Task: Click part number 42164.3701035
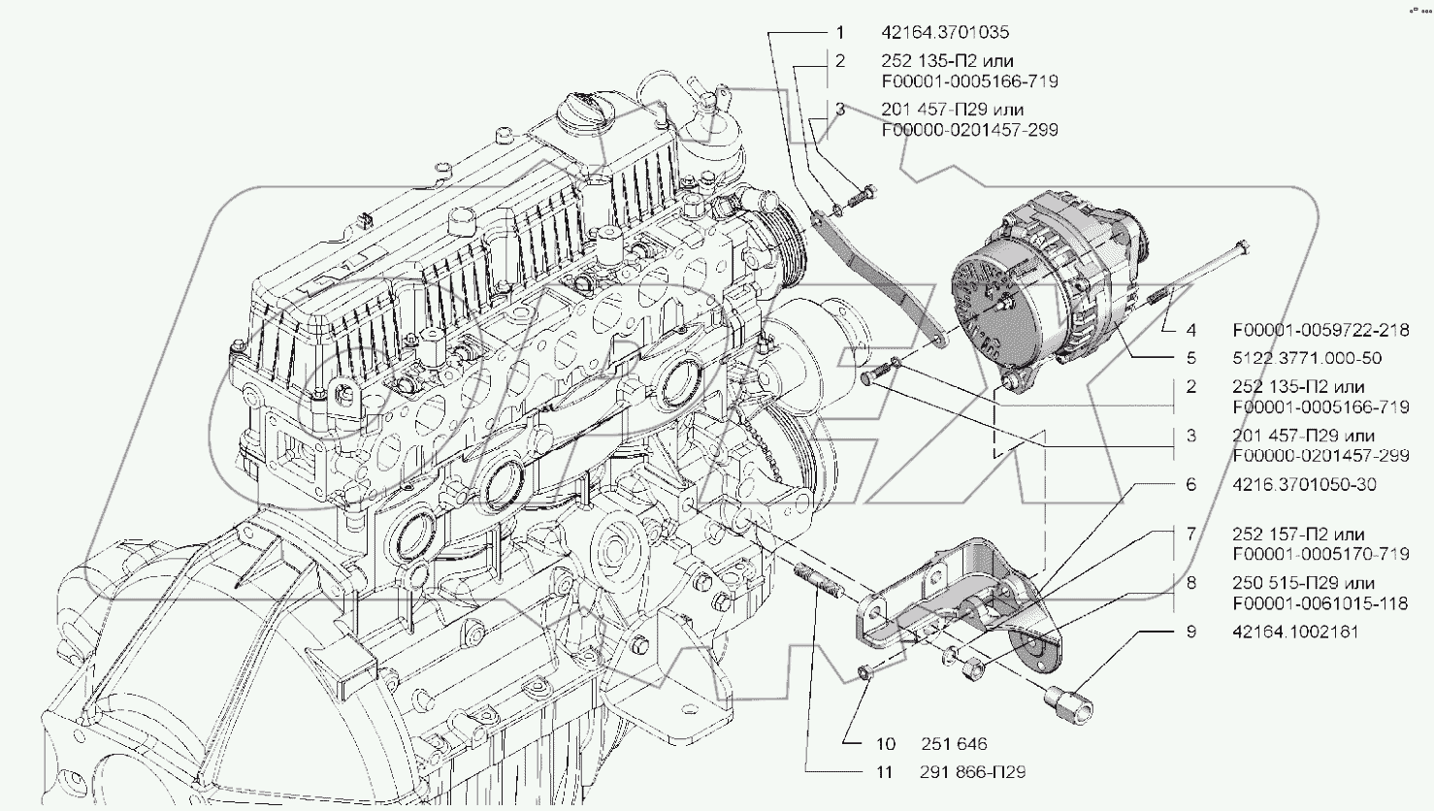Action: (945, 33)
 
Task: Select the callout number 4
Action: (1191, 331)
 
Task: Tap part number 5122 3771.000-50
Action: (1307, 358)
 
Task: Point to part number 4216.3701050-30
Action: (1304, 485)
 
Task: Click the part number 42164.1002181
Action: (1295, 632)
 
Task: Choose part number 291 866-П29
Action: (973, 772)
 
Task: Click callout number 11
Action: (885, 772)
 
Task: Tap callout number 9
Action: (1191, 632)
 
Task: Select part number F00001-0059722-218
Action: (1320, 331)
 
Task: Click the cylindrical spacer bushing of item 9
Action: (1064, 697)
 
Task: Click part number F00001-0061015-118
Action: (1320, 603)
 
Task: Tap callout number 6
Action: (1191, 485)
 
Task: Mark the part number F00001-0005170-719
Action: (1320, 554)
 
